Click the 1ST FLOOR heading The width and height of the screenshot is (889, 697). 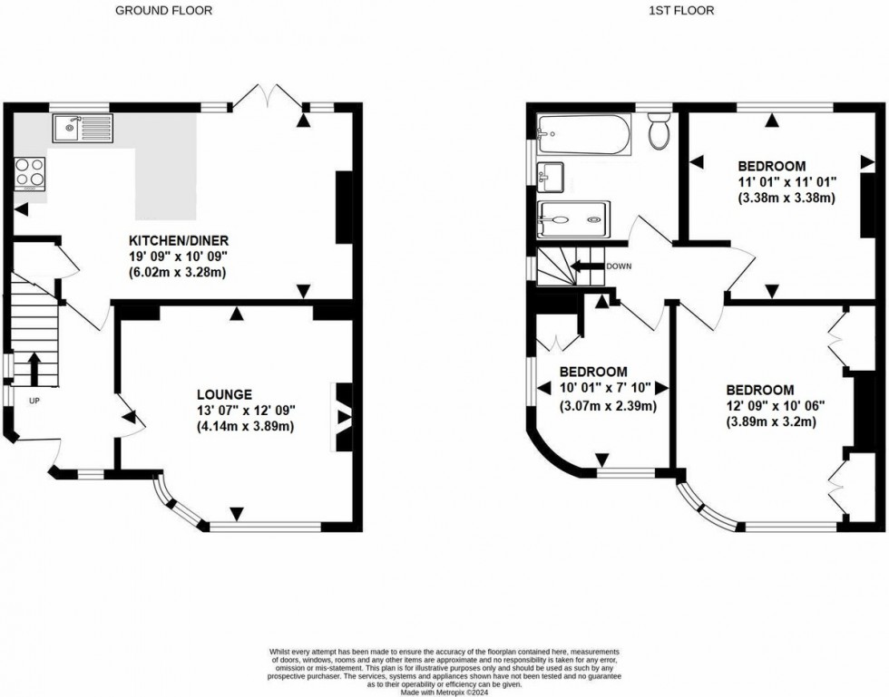pos(682,11)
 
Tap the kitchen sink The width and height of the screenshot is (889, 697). pos(82,130)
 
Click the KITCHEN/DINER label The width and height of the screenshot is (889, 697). pos(178,240)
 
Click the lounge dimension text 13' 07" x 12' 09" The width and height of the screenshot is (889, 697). pos(247,410)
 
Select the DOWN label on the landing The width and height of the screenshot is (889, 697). pos(619,266)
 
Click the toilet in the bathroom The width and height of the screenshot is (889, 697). pos(659,133)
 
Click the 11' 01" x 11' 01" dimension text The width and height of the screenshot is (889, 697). pos(786,182)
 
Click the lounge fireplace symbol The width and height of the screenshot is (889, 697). pos(344,417)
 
